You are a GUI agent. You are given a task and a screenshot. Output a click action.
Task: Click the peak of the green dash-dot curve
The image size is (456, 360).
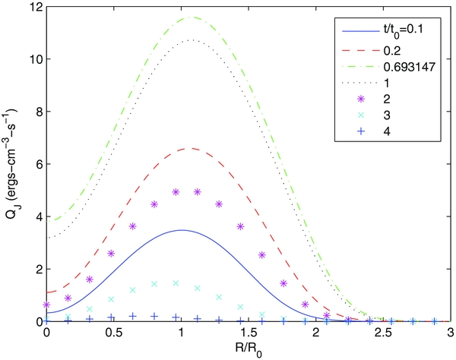point(192,17)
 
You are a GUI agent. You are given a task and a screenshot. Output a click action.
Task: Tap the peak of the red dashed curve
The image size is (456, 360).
point(190,149)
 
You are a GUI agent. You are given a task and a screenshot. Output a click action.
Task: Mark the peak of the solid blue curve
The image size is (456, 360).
point(181,230)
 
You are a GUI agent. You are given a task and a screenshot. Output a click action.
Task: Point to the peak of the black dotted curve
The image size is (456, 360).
point(190,40)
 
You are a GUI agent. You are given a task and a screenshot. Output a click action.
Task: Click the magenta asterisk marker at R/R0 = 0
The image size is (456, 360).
point(47,305)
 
